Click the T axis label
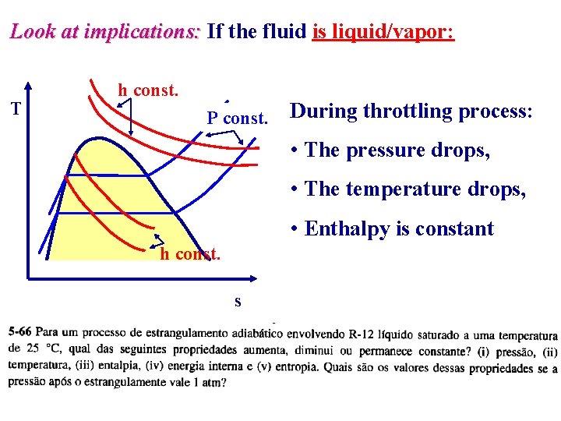[16, 108]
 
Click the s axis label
[238, 302]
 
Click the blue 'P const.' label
[237, 118]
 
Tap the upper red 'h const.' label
[148, 90]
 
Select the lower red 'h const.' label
[190, 254]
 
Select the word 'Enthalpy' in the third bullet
[347, 229]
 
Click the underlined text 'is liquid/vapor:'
[383, 31]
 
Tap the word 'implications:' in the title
[142, 31]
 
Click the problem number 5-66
[19, 332]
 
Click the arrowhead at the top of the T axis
[28, 85]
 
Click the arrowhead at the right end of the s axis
[253, 278]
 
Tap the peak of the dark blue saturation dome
[97, 138]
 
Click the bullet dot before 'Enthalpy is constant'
[294, 228]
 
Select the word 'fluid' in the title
[284, 30]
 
